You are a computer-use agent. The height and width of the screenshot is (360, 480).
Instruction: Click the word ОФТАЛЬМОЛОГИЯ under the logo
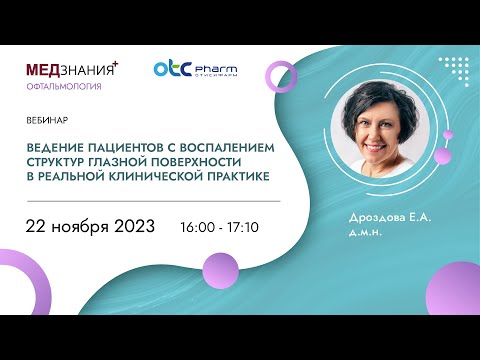tap(64, 87)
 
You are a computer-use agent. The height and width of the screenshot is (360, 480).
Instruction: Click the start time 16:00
tap(199, 227)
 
